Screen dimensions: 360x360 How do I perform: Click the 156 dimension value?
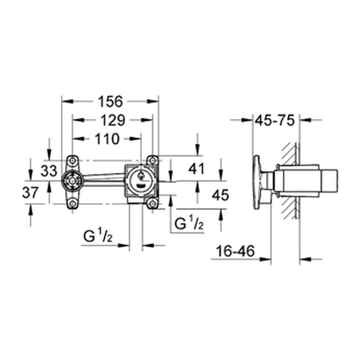click(111, 102)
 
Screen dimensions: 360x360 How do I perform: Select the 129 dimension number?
click(113, 120)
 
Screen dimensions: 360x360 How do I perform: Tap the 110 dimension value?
click(107, 139)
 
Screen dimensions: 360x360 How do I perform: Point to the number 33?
click(49, 171)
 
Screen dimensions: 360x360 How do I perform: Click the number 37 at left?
click(30, 192)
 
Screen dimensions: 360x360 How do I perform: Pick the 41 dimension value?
click(196, 169)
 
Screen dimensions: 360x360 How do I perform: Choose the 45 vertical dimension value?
click(220, 195)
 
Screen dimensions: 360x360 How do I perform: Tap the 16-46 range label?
click(235, 251)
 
